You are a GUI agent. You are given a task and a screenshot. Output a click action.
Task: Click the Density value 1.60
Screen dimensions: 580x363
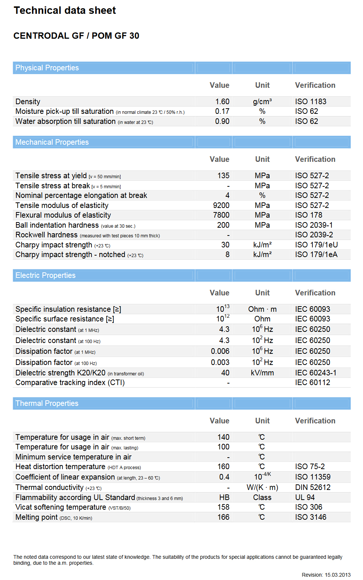[222, 102]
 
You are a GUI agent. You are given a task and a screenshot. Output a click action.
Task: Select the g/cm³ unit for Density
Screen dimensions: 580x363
[262, 102]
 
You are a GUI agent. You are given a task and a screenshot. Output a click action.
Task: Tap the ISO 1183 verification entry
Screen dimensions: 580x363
[311, 102]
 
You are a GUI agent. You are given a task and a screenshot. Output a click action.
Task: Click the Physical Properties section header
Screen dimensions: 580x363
[47, 68]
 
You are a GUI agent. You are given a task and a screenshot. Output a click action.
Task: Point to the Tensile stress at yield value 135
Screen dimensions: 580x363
[223, 176]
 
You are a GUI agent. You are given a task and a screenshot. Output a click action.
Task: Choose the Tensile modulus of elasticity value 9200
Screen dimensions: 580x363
[221, 205]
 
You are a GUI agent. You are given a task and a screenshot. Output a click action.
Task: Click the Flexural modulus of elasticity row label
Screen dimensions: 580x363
[63, 215]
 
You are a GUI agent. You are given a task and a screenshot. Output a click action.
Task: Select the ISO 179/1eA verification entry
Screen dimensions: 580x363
[316, 254]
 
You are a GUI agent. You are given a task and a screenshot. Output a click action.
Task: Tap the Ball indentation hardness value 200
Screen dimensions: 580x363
[223, 225]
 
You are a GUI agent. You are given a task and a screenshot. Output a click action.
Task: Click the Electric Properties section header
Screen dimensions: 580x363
[45, 275]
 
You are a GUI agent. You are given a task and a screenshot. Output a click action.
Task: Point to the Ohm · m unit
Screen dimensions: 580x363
[262, 309]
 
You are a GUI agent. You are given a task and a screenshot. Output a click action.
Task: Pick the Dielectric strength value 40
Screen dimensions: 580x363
[225, 373]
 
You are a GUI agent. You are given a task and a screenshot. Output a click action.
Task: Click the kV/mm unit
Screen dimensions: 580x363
[262, 373]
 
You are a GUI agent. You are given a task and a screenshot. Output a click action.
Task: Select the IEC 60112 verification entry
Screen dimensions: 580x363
[312, 382]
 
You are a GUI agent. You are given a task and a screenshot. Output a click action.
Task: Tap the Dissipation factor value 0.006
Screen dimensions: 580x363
[220, 351]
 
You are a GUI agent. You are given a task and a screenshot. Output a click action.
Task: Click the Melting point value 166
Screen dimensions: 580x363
[223, 517]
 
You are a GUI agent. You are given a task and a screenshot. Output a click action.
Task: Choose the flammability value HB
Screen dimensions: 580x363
[224, 497]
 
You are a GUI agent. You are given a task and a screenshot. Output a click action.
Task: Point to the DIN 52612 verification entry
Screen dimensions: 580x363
[312, 487]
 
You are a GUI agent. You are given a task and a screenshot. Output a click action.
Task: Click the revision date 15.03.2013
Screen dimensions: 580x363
[337, 575]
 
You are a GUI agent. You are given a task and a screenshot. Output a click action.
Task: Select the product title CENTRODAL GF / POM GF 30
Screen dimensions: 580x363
[76, 36]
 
